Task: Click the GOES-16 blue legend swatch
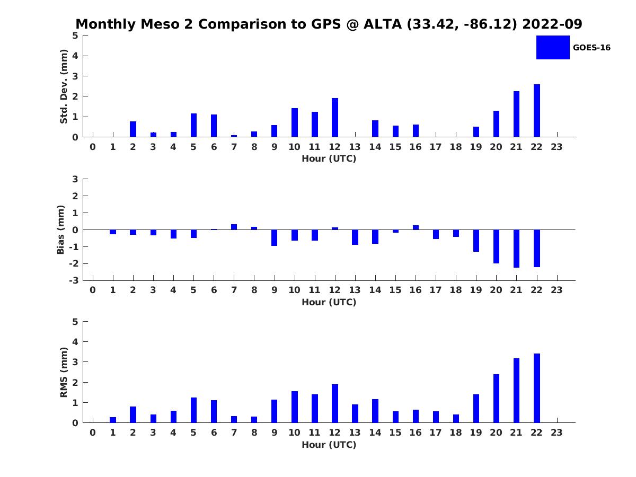552,47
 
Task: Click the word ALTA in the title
383,24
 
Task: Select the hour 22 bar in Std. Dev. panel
537,110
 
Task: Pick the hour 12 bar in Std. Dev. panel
335,117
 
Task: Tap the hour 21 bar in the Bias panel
516,249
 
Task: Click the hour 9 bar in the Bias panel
274,237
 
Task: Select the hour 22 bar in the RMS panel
537,388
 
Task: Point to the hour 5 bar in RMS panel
193,410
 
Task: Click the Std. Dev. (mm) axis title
64,86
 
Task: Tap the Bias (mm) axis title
61,229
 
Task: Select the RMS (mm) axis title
64,372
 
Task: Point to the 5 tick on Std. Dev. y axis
76,36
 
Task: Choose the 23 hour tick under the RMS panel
557,432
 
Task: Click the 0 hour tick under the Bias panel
93,290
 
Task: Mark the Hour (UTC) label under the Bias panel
329,302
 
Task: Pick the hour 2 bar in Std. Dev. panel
133,129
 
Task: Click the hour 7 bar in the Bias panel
234,227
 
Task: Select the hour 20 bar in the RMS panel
496,398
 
